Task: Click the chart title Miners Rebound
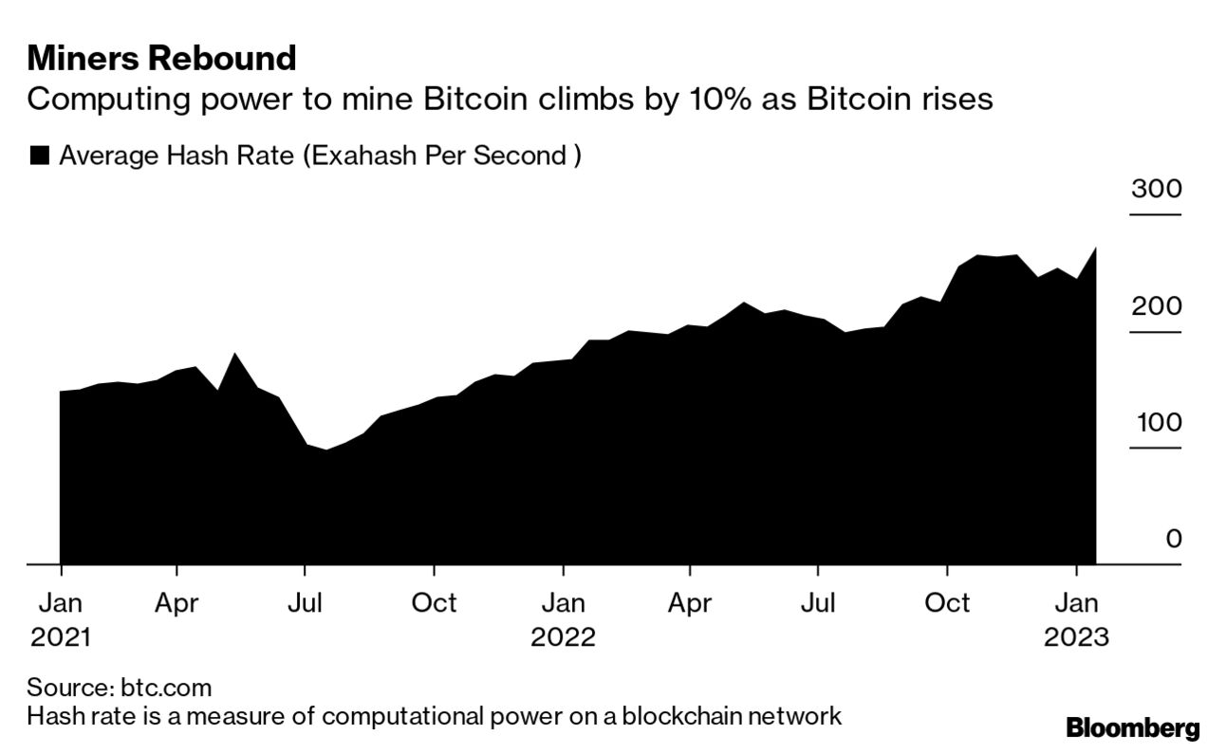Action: tap(161, 59)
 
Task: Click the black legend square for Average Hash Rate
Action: tap(39, 156)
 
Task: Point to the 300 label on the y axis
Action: tap(1156, 189)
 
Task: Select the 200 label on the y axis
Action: tap(1156, 306)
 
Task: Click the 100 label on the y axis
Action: tap(1156, 423)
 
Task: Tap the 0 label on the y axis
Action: tap(1174, 540)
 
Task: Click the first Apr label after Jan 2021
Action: tap(176, 603)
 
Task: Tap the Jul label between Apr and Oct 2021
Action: tap(304, 603)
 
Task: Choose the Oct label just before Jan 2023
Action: tap(946, 603)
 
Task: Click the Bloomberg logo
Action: tap(1133, 728)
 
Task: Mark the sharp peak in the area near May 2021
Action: tap(235, 355)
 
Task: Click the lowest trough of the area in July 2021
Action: tap(326, 450)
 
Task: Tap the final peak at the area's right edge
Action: tap(1096, 248)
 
